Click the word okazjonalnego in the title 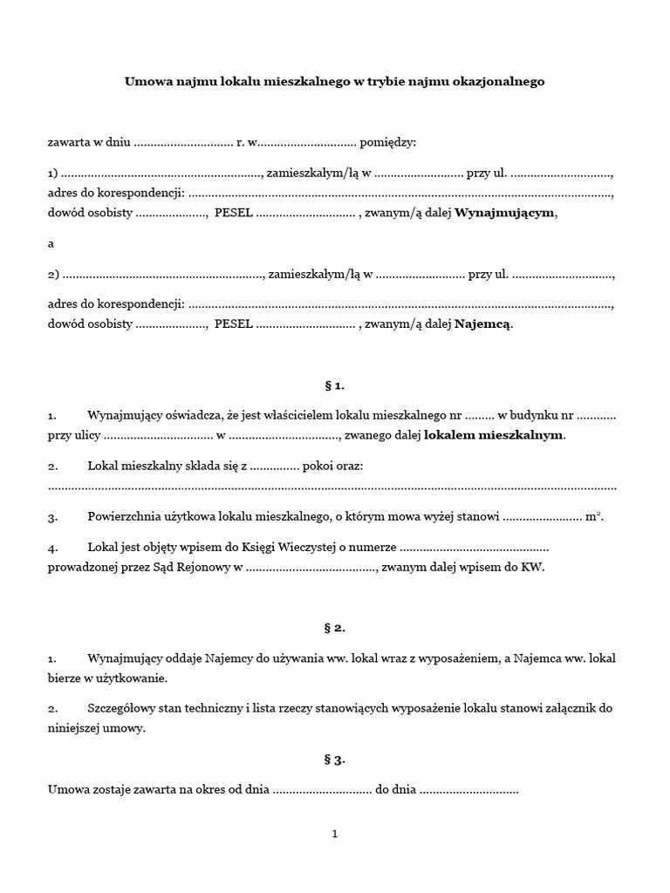(502, 81)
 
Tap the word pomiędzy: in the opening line (388, 141)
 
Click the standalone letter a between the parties (51, 244)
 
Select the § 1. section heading (334, 385)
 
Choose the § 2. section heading (334, 627)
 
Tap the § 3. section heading (334, 760)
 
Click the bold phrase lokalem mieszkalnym (494, 434)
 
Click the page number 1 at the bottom (334, 834)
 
